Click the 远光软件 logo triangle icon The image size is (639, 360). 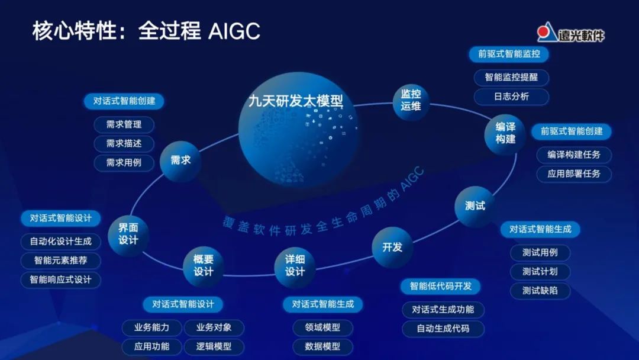coord(546,34)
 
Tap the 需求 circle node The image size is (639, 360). coord(180,160)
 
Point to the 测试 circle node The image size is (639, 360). coord(475,206)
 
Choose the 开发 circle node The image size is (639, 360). coord(392,247)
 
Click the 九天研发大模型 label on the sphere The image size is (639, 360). coord(295,101)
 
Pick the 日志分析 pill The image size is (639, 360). coord(511,97)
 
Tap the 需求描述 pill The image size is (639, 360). coord(124,143)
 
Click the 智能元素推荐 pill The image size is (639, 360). coord(60,261)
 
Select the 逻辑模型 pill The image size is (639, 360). coord(214,346)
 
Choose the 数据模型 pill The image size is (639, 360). coord(322,346)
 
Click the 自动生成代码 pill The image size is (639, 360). coord(443,328)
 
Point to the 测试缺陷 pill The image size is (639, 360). coord(539,290)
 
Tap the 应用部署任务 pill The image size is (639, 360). coord(573,173)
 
